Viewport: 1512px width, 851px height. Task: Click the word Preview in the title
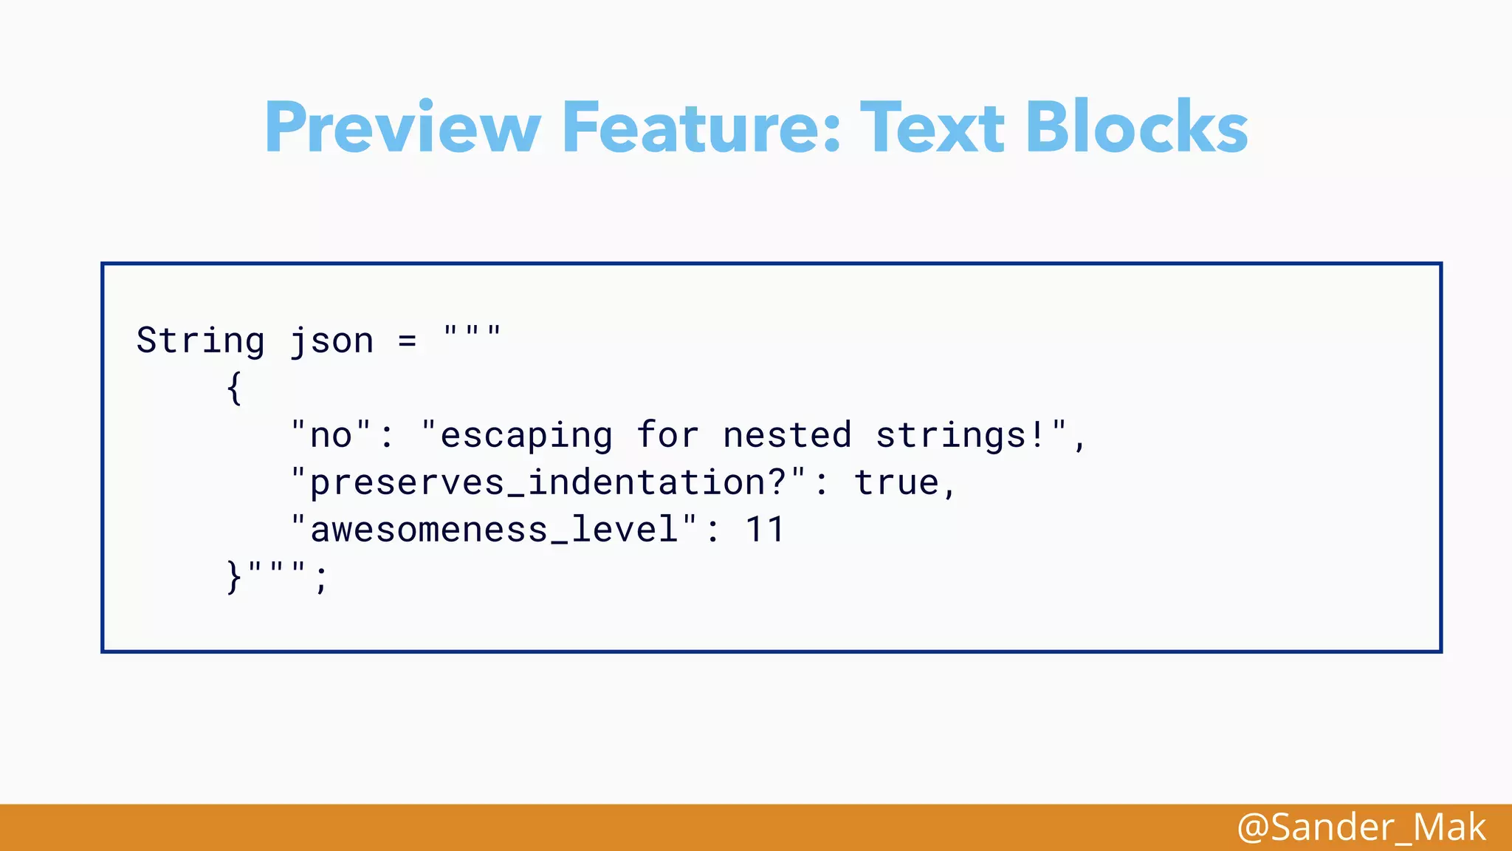click(403, 127)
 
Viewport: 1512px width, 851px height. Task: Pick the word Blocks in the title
click(1136, 127)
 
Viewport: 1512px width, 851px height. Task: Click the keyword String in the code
click(200, 341)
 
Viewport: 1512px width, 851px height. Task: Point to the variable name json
click(331, 341)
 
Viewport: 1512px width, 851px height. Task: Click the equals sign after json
click(408, 341)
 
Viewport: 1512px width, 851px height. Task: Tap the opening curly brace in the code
click(234, 388)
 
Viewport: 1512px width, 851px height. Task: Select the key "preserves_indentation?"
click(548, 482)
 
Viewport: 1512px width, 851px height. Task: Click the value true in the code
click(896, 482)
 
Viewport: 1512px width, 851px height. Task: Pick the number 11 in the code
click(765, 530)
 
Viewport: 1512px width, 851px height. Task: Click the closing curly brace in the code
click(234, 577)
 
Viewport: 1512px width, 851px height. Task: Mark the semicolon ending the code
click(321, 578)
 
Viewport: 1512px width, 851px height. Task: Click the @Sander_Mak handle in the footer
click(1361, 827)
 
